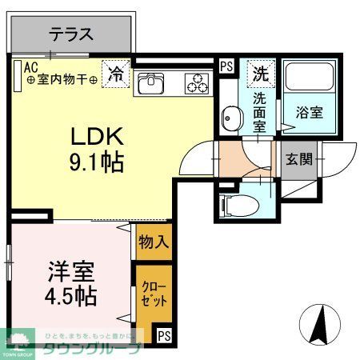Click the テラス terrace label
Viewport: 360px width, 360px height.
pyautogui.click(x=72, y=34)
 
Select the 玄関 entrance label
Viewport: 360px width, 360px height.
pyautogui.click(x=296, y=158)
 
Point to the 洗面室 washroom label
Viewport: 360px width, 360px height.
pyautogui.click(x=260, y=111)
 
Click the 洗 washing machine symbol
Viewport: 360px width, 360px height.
pyautogui.click(x=260, y=74)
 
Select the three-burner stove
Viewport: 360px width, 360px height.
pyautogui.click(x=196, y=82)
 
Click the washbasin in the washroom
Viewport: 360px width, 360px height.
pyautogui.click(x=231, y=118)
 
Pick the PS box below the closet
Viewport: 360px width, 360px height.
pyautogui.click(x=164, y=334)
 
